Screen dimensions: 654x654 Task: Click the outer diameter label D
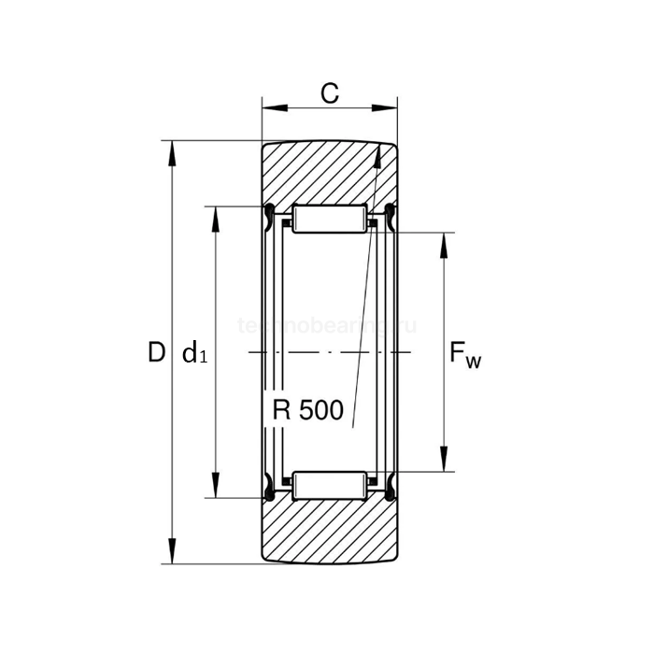click(x=156, y=353)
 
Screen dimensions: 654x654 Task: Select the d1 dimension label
click(x=194, y=354)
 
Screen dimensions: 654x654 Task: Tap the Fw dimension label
click(x=465, y=354)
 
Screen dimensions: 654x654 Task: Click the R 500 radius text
click(x=308, y=410)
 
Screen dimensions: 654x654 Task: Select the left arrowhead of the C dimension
click(x=268, y=107)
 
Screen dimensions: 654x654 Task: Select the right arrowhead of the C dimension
click(x=391, y=107)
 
